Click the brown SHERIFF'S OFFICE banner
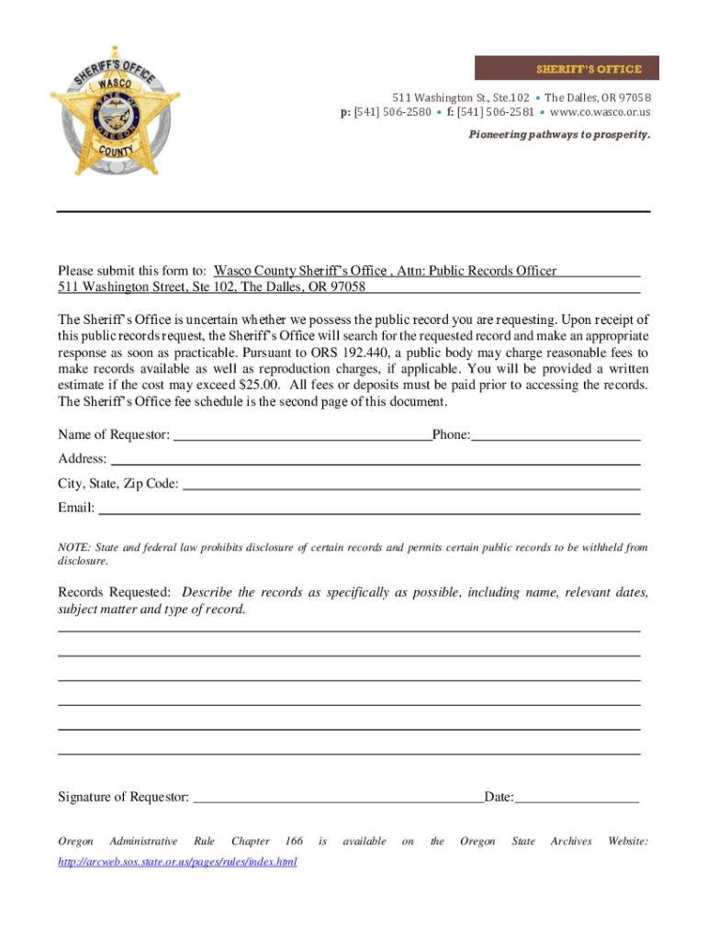[x=562, y=69]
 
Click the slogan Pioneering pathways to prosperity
[x=560, y=135]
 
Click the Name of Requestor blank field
[x=302, y=435]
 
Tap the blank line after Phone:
[x=555, y=435]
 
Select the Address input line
[x=375, y=459]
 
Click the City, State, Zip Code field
[x=411, y=484]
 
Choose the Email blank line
[x=369, y=508]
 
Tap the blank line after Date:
[x=577, y=797]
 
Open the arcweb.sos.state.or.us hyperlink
[x=177, y=862]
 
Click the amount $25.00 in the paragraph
[x=258, y=385]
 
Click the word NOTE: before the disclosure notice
[x=73, y=548]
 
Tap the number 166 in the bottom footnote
[x=294, y=841]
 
